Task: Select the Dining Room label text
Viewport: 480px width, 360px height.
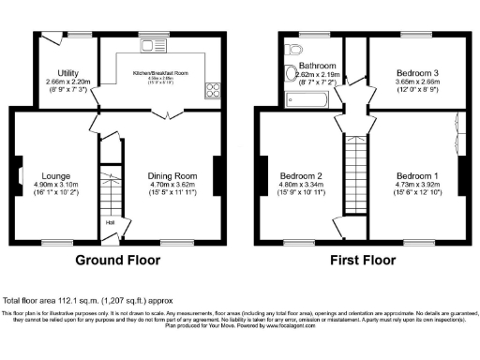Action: (172, 175)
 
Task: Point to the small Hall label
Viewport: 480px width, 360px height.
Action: (111, 222)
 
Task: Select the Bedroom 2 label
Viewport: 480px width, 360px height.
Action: (301, 175)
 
